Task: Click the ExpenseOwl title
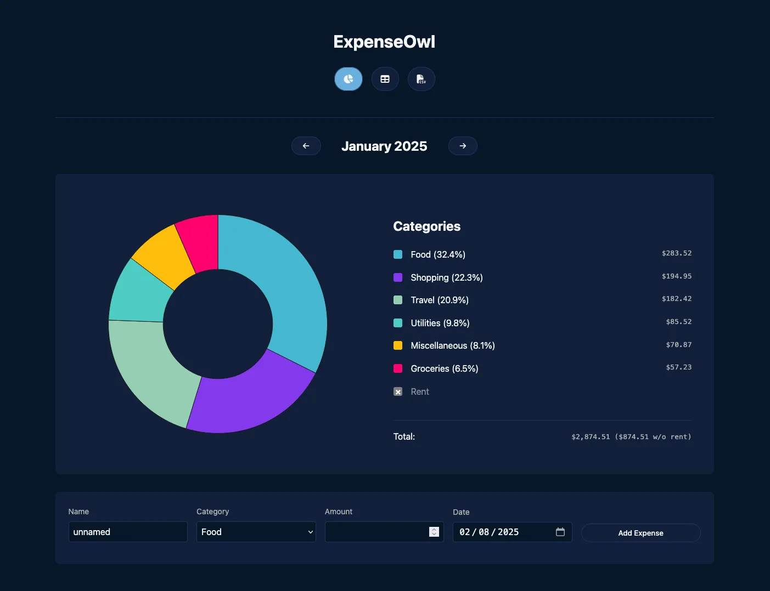click(384, 42)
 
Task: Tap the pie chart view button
click(349, 79)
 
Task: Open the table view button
click(385, 79)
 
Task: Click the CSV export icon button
click(421, 79)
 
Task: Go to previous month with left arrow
click(306, 146)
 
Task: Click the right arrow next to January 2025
click(463, 146)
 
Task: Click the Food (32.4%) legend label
click(437, 254)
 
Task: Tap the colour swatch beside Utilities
click(398, 323)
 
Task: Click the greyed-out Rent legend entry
click(419, 391)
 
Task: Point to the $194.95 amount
click(676, 276)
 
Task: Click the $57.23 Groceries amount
click(678, 367)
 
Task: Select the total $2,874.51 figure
click(591, 437)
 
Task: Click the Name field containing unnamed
click(127, 532)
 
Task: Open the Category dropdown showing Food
click(256, 532)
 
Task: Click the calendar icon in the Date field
click(560, 532)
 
